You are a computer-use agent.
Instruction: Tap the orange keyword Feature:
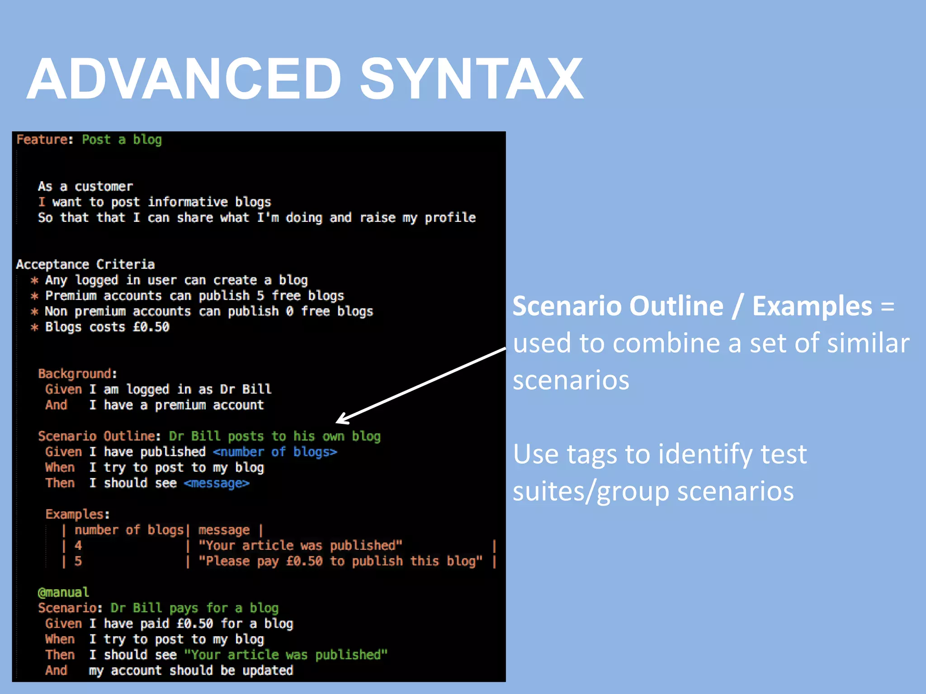click(x=45, y=140)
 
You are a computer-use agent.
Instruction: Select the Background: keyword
click(x=77, y=374)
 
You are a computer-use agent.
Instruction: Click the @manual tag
click(x=63, y=592)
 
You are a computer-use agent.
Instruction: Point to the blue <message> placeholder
click(x=217, y=483)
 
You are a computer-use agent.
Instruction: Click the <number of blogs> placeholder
click(x=275, y=452)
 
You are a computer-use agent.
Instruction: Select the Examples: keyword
click(x=77, y=514)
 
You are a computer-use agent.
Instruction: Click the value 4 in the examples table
click(x=78, y=546)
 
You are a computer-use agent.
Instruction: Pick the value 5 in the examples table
click(x=78, y=561)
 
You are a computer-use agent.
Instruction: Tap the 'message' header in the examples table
click(x=224, y=530)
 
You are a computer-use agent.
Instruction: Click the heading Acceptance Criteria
click(x=85, y=264)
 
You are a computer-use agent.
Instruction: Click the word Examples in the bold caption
click(x=812, y=306)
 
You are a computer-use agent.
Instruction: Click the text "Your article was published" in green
click(x=286, y=655)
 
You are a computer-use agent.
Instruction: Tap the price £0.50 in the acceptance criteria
click(x=151, y=327)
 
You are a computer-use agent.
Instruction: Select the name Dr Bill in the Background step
click(x=246, y=389)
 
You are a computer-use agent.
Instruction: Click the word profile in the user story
click(x=450, y=218)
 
